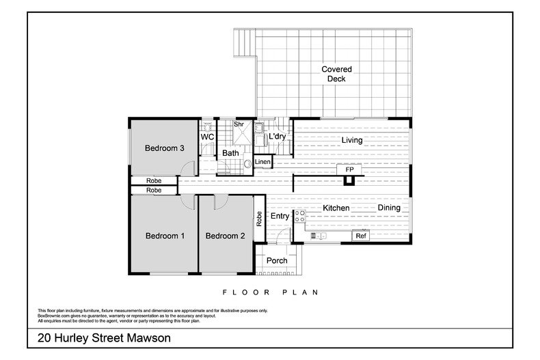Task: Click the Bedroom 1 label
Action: click(165, 236)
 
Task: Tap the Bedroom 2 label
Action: click(225, 236)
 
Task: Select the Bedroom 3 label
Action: click(165, 148)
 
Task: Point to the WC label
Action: click(207, 137)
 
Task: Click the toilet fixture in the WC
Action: click(207, 126)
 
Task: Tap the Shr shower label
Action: click(239, 124)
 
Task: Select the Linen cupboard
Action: click(262, 162)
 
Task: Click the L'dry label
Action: click(277, 137)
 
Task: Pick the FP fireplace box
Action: click(349, 169)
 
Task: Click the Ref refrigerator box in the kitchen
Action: click(360, 236)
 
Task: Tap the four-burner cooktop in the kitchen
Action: click(299, 217)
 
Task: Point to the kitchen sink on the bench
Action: click(319, 236)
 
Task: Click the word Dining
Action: click(389, 208)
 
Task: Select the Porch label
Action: click(276, 261)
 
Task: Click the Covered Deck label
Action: click(336, 74)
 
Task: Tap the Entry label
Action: click(280, 217)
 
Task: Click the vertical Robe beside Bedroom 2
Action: click(259, 218)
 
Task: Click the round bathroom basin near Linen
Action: click(247, 164)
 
